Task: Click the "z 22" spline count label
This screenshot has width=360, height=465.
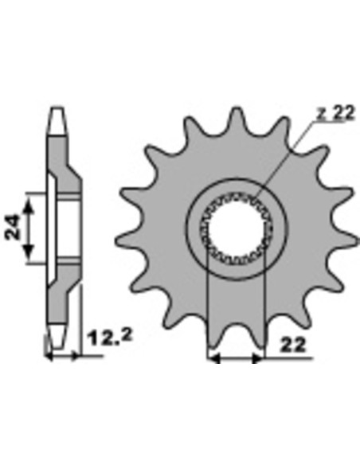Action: (335, 113)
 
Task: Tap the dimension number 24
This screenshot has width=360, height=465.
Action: (13, 227)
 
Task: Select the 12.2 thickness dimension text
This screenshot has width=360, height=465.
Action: (110, 338)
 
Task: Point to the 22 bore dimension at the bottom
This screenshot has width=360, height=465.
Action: (292, 345)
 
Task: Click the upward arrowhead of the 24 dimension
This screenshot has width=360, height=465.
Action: (28, 206)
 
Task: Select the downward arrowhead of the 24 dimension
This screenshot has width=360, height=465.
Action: (28, 252)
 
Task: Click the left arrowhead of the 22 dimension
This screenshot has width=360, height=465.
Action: (214, 358)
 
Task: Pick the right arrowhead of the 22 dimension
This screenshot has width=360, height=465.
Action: (256, 358)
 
